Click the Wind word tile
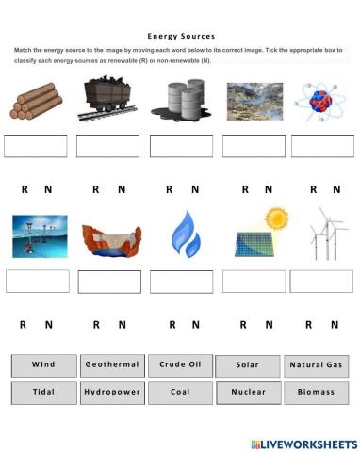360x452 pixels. coord(43,364)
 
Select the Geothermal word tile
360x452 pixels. coord(112,364)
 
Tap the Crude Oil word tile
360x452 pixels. coord(179,364)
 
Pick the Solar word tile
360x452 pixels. coord(247,365)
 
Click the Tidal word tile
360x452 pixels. coord(43,392)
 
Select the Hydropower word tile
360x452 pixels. coord(112,392)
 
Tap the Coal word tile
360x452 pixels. coord(179,392)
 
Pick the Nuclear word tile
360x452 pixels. coord(247,392)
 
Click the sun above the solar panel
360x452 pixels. coord(275,218)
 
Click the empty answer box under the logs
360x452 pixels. coord(36,146)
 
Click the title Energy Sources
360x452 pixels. coord(180,36)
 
